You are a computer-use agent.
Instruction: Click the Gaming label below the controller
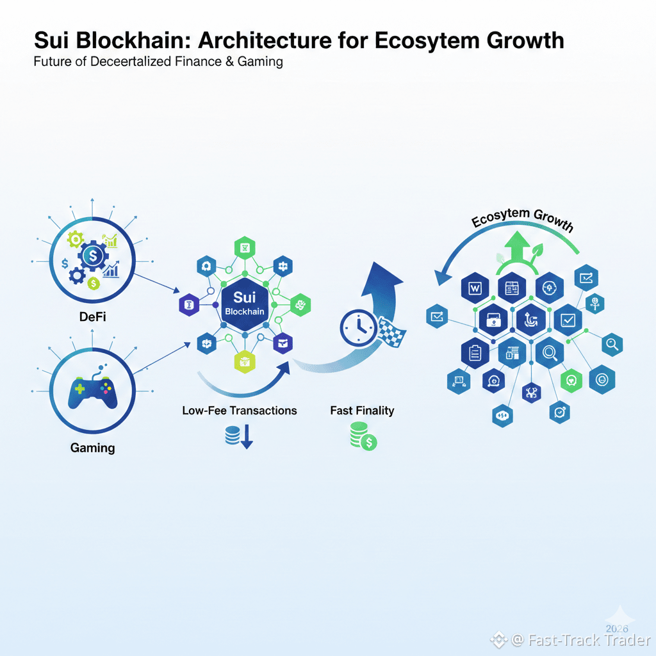click(x=93, y=447)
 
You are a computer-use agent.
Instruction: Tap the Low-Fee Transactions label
click(x=240, y=410)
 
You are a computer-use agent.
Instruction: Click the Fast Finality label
click(x=362, y=410)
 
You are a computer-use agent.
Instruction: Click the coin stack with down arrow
click(x=239, y=437)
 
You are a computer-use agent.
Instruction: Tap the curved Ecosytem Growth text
click(x=522, y=220)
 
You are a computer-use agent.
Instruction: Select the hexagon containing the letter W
click(x=475, y=289)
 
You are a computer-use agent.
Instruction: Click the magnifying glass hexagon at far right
click(x=612, y=345)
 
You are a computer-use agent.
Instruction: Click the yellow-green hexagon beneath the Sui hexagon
click(x=244, y=363)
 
